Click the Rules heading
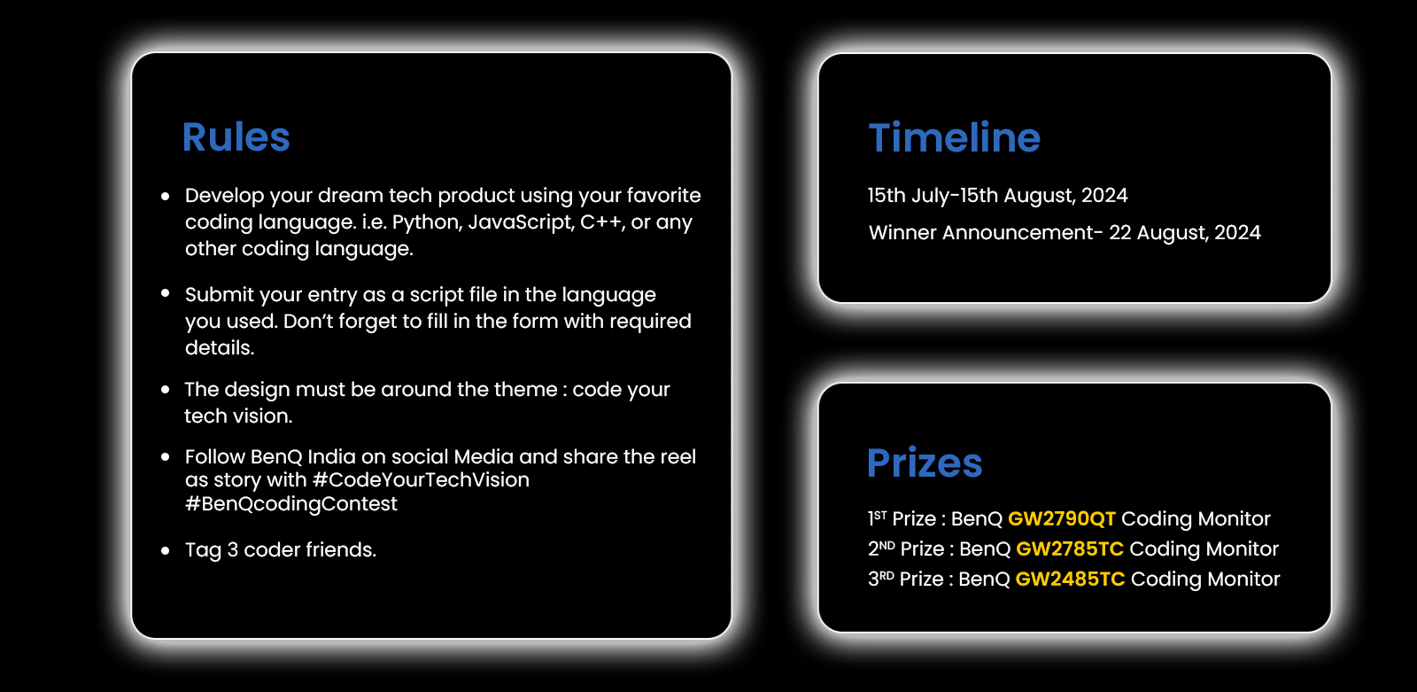236,136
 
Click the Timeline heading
954,137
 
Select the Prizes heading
925,463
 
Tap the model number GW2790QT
1062,518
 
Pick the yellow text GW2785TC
1070,548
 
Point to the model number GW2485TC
1071,579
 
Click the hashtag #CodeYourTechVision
421,480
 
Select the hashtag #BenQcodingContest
291,504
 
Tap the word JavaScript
521,222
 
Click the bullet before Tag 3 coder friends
165,551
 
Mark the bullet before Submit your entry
165,292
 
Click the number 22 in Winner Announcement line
1119,232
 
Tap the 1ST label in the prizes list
878,517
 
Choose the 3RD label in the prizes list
880,578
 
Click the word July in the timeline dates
931,196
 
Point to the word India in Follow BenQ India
331,456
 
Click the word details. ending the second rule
220,347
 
